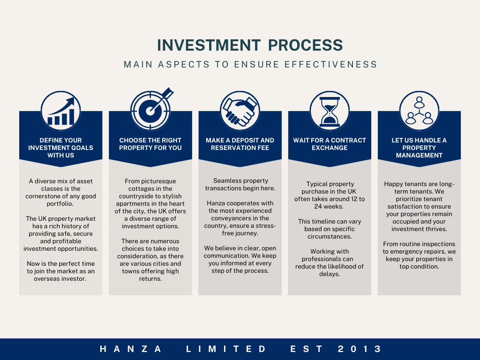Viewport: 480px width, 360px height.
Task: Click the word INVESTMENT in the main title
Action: pos(209,45)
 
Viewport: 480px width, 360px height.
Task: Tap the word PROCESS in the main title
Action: pos(305,45)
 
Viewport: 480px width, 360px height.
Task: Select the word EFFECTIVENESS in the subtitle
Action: pos(330,64)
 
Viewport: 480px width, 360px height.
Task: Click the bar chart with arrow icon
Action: pos(60,111)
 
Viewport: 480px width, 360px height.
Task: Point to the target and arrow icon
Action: pos(150,110)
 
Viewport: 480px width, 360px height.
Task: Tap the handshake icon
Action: pos(240,111)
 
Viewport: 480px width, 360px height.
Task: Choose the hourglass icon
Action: pos(330,111)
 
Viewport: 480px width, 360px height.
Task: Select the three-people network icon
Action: pos(419,111)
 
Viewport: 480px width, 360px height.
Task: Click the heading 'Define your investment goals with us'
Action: pos(60,148)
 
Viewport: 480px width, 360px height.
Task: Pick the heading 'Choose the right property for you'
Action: pos(150,144)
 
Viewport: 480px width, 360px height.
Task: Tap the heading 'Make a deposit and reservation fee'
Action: pos(240,144)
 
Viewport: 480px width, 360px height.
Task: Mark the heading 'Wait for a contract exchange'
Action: pos(330,144)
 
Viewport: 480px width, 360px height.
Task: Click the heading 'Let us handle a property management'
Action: pos(419,148)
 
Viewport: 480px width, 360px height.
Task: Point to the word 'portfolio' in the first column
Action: pos(60,204)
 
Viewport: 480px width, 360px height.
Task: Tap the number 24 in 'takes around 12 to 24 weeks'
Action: pos(318,207)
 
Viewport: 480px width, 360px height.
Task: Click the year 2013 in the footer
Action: pos(360,349)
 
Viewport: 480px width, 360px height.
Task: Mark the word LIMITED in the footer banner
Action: pos(226,349)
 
